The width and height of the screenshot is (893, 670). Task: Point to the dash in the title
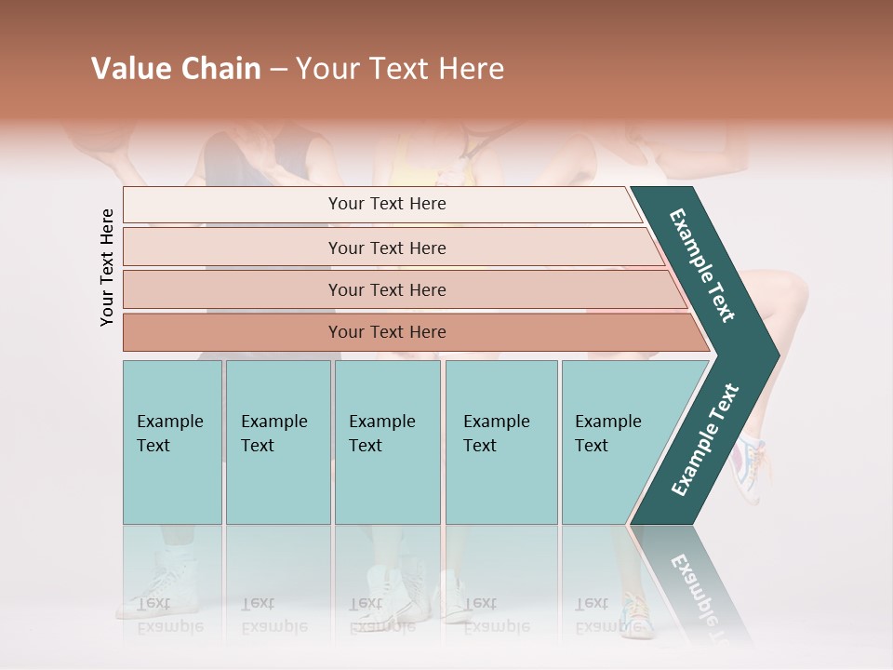click(x=278, y=70)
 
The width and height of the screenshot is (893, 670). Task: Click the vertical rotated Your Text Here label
click(x=107, y=267)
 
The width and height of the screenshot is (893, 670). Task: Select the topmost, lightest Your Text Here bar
click(x=386, y=204)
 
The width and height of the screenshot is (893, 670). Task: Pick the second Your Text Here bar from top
click(x=386, y=248)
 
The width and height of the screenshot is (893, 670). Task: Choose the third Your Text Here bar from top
click(x=386, y=289)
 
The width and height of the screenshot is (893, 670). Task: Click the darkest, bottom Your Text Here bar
click(x=386, y=332)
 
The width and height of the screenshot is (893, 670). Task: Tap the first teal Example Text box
click(x=172, y=442)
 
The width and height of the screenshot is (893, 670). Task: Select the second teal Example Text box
click(x=278, y=442)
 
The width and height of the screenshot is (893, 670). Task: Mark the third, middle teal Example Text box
click(x=387, y=442)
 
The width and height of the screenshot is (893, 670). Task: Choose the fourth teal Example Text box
click(x=501, y=442)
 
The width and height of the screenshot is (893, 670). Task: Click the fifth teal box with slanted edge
click(x=614, y=442)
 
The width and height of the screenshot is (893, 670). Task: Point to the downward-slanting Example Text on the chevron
click(x=702, y=265)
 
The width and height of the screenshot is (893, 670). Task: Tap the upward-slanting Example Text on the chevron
click(x=704, y=439)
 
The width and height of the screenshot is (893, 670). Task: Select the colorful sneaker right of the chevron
click(x=750, y=461)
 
